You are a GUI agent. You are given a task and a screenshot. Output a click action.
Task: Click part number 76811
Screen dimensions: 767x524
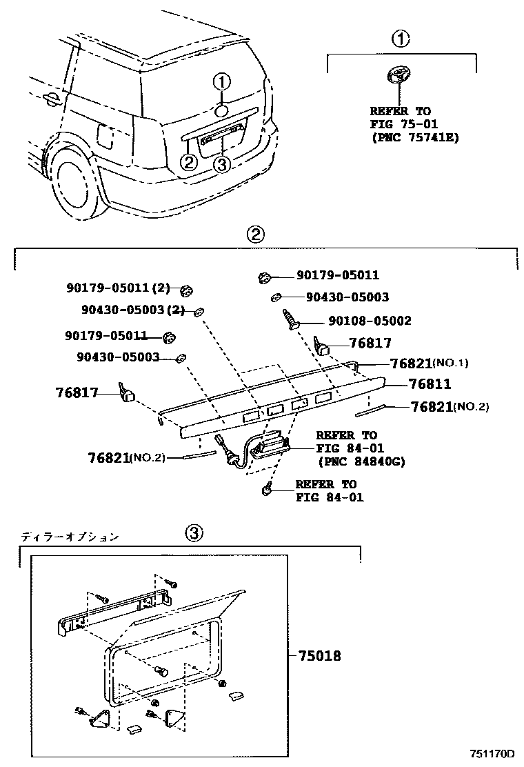429,384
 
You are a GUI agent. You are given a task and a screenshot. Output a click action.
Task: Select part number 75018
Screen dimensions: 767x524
319,656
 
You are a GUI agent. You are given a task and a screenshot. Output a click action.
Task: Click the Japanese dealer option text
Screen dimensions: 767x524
70,536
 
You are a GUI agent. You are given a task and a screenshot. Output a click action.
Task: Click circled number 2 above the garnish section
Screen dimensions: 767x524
255,235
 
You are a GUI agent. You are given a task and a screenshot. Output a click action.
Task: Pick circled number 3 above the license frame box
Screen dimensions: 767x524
194,533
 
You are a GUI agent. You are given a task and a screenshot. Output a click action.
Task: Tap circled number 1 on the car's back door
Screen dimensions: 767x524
222,83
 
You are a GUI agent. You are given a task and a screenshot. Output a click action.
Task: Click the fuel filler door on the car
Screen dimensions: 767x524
105,135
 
